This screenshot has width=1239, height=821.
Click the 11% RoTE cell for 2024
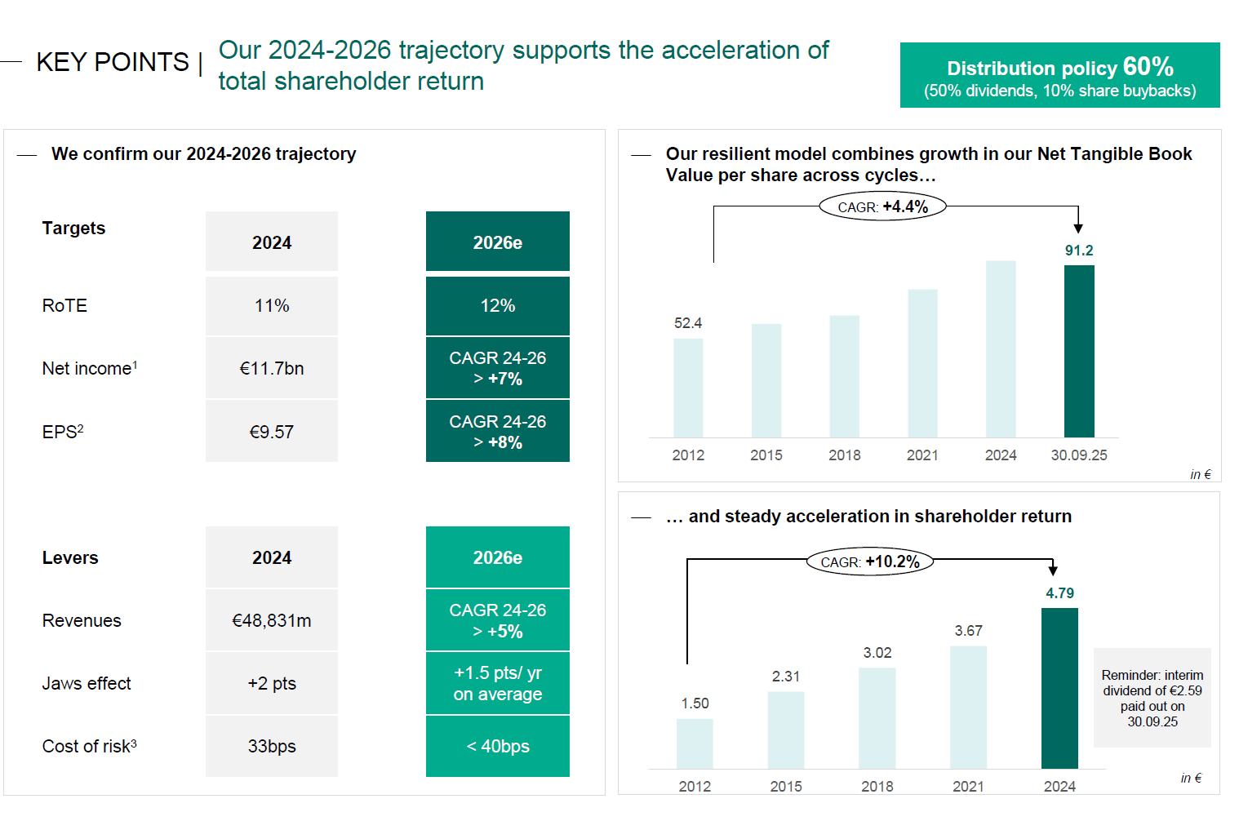pyautogui.click(x=272, y=306)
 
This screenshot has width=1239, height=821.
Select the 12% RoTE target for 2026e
pyautogui.click(x=497, y=306)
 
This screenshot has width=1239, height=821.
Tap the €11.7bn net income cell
pyautogui.click(x=272, y=369)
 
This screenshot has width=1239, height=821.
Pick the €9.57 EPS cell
pyautogui.click(x=272, y=432)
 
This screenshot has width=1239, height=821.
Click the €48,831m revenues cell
pyautogui.click(x=272, y=621)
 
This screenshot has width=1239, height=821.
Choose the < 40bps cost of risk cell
pyautogui.click(x=497, y=747)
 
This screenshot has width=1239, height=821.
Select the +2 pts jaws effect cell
pyautogui.click(x=272, y=684)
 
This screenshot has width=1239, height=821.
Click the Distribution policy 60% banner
pyautogui.click(x=1059, y=76)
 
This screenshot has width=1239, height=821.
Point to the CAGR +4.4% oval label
pyautogui.click(x=882, y=207)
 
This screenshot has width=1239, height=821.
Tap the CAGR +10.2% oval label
pyautogui.click(x=870, y=562)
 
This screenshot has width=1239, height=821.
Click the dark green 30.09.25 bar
pyautogui.click(x=1079, y=351)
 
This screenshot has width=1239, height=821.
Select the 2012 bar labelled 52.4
pyautogui.click(x=688, y=388)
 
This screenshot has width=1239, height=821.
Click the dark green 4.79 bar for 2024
pyautogui.click(x=1059, y=688)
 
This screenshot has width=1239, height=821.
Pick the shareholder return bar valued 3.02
pyautogui.click(x=877, y=718)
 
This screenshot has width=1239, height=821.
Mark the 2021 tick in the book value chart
pyautogui.click(x=922, y=455)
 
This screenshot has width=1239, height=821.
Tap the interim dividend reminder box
pyautogui.click(x=1152, y=699)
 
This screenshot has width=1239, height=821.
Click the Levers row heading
pyautogui.click(x=70, y=558)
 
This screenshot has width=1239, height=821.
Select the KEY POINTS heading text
pyautogui.click(x=113, y=63)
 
